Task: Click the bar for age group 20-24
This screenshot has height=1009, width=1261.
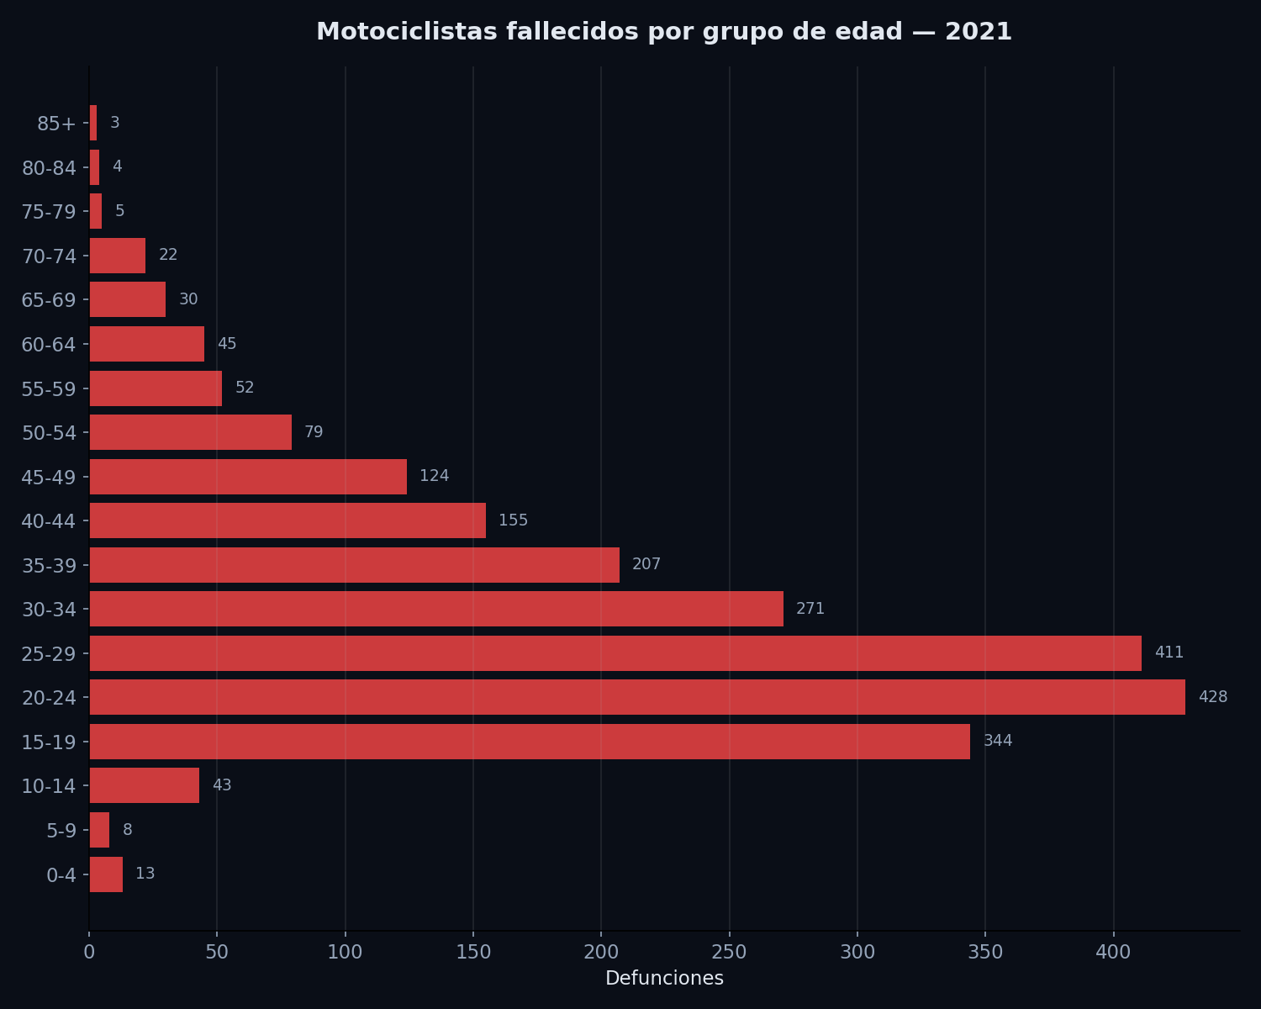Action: (x=637, y=697)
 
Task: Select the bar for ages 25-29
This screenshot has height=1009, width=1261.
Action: (x=615, y=653)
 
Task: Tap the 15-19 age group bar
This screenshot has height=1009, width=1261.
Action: (x=530, y=742)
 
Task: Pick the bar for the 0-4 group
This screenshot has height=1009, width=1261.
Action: (x=106, y=874)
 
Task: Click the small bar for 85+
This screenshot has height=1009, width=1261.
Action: (x=93, y=123)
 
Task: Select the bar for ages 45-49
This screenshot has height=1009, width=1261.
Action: (x=248, y=477)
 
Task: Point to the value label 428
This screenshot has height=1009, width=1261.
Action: (x=1213, y=697)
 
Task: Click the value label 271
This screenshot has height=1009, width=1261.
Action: (x=810, y=609)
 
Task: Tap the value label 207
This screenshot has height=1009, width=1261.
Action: (x=646, y=564)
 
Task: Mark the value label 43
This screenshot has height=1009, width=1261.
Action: (x=222, y=785)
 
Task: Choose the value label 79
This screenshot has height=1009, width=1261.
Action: (x=314, y=432)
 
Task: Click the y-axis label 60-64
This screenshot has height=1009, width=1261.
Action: (x=49, y=345)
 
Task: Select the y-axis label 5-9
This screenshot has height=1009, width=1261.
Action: (x=61, y=831)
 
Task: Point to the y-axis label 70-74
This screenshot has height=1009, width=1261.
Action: (x=49, y=256)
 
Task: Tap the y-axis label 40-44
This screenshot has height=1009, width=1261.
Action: (x=49, y=521)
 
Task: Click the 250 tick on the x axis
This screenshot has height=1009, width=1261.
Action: (x=729, y=953)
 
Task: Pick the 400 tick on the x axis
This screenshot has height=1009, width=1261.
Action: (x=1114, y=953)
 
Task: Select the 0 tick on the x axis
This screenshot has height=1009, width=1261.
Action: (x=89, y=953)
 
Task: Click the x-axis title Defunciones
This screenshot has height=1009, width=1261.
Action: (x=664, y=979)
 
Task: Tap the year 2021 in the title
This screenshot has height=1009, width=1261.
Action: (x=979, y=32)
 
